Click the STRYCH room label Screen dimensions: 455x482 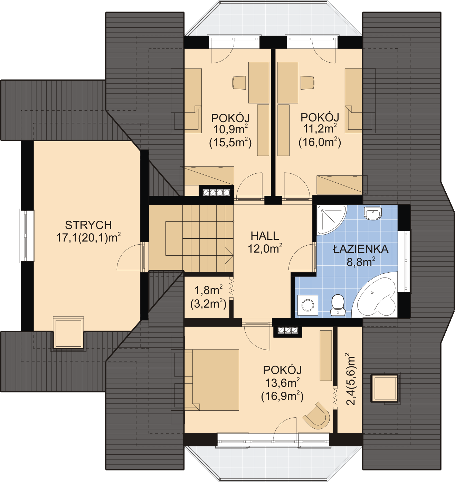[x=88, y=225]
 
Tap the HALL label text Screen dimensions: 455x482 [x=265, y=236]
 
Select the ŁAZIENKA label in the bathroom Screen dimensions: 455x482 [x=361, y=249]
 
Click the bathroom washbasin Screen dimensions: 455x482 [x=373, y=213]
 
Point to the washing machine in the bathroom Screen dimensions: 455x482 [x=308, y=305]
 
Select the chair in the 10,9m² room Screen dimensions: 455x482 [x=239, y=82]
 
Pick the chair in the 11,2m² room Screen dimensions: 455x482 [x=307, y=83]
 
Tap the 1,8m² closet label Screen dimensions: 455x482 [x=208, y=291]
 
